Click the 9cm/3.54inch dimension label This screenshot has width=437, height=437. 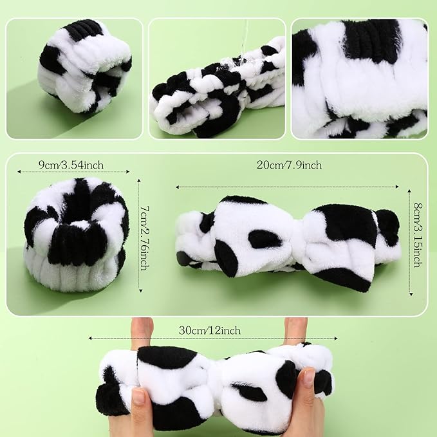pyautogui.click(x=71, y=165)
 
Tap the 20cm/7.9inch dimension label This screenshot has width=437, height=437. pyautogui.click(x=289, y=165)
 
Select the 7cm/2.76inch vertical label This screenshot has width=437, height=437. pyautogui.click(x=145, y=238)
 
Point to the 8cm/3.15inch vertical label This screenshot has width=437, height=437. pyautogui.click(x=418, y=235)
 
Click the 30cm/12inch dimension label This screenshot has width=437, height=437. pyautogui.click(x=210, y=331)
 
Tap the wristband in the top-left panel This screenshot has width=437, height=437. pyautogui.click(x=85, y=66)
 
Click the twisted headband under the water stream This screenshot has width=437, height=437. pyautogui.click(x=218, y=89)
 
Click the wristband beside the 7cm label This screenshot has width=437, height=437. pyautogui.click(x=76, y=235)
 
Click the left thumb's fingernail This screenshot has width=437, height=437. pyautogui.click(x=138, y=397)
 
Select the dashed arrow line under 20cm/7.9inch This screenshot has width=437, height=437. pyautogui.click(x=287, y=187)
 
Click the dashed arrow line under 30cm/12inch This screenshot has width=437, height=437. pyautogui.click(x=213, y=339)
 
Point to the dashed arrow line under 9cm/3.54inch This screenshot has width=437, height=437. pyautogui.click(x=73, y=172)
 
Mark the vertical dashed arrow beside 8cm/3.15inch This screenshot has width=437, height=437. pyautogui.click(x=410, y=242)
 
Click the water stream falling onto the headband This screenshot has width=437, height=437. pyautogui.click(x=245, y=42)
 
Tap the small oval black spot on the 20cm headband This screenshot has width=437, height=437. pyautogui.click(x=265, y=239)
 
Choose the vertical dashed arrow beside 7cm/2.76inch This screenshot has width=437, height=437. pyautogui.click(x=140, y=236)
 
